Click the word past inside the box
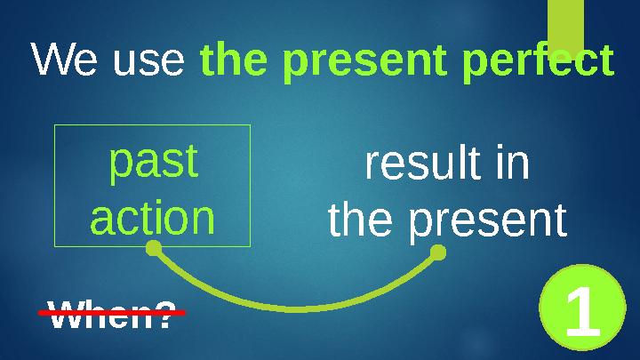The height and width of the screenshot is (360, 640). click(x=152, y=164)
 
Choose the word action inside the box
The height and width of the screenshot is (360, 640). click(x=152, y=218)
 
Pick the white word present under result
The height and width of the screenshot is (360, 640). click(x=487, y=222)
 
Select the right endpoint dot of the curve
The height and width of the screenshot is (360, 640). click(x=437, y=254)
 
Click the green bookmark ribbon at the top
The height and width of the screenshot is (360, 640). click(x=564, y=22)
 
